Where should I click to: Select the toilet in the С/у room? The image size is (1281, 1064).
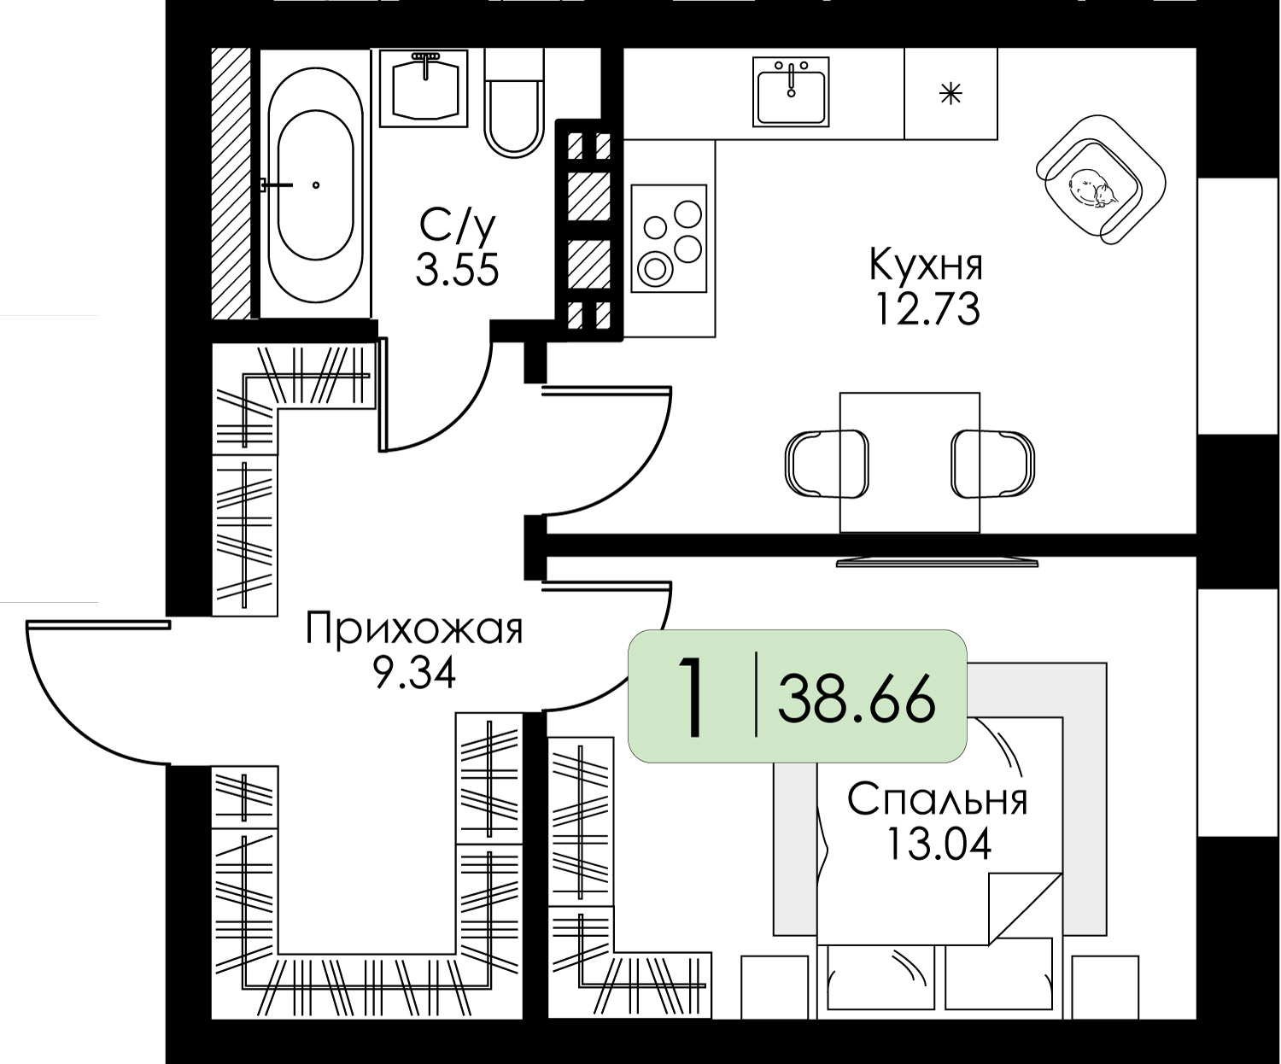pyautogui.click(x=514, y=102)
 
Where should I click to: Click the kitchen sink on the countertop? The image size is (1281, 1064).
pyautogui.click(x=792, y=91)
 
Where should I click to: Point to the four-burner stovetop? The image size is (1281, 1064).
pyautogui.click(x=670, y=239)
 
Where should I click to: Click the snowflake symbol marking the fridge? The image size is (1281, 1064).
pyautogui.click(x=951, y=93)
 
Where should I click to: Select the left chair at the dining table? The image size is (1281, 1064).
pyautogui.click(x=825, y=463)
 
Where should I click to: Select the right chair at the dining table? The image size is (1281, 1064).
pyautogui.click(x=993, y=463)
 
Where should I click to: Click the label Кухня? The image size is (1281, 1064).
pyautogui.click(x=926, y=265)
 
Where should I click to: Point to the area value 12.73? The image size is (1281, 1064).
pyautogui.click(x=926, y=309)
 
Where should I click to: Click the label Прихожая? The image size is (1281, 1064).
pyautogui.click(x=414, y=630)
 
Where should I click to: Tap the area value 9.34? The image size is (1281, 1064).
pyautogui.click(x=414, y=674)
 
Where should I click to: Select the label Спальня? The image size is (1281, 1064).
pyautogui.click(x=937, y=800)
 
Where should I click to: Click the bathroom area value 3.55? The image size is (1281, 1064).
pyautogui.click(x=457, y=271)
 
